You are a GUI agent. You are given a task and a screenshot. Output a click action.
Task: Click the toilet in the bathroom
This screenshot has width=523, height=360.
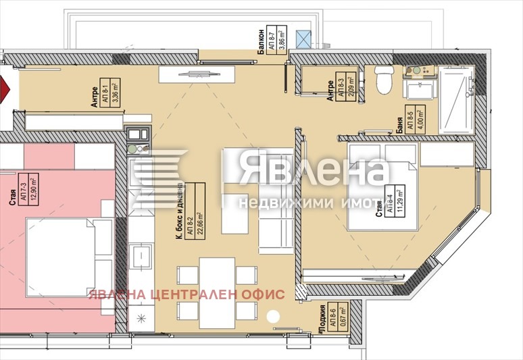[383, 79]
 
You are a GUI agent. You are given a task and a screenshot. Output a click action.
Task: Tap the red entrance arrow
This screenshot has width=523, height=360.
[4, 89]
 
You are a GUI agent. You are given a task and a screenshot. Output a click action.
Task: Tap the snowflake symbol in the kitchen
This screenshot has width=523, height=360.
[141, 319]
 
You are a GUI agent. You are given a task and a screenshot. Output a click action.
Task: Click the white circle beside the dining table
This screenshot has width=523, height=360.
[273, 316]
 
